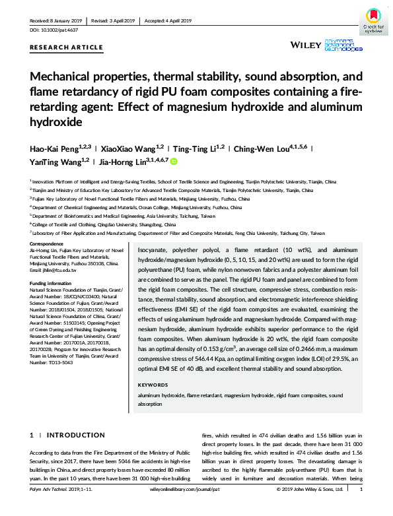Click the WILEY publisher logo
(x=305, y=46)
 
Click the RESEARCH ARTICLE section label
(x=66, y=48)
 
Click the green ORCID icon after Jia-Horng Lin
(x=174, y=161)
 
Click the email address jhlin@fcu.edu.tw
(x=54, y=271)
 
